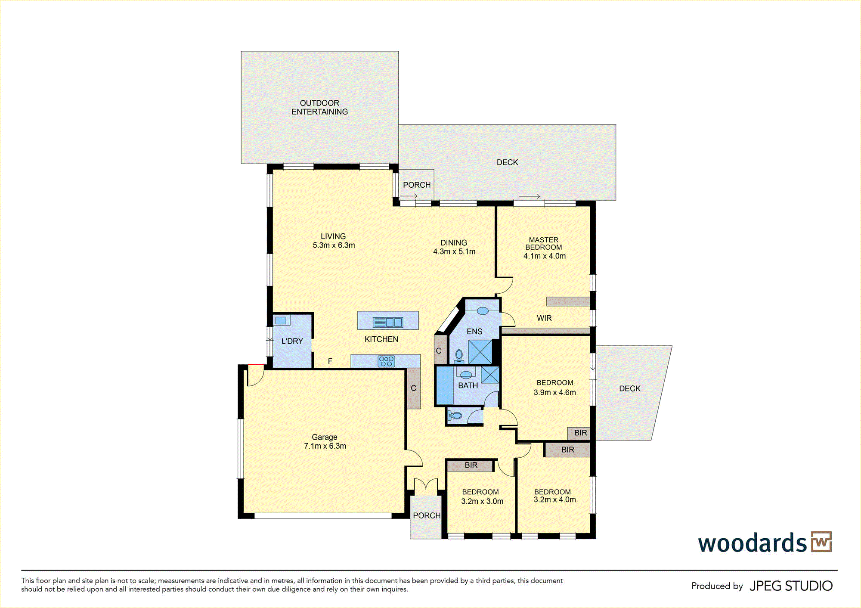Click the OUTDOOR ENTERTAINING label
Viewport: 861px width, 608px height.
coord(319,107)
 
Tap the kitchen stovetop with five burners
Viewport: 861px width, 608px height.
coord(386,361)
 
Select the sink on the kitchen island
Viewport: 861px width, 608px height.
coord(388,322)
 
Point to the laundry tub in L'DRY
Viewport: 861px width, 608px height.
coord(281,320)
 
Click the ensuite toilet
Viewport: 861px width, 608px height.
coord(459,356)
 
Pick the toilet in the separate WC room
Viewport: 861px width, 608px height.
coord(455,416)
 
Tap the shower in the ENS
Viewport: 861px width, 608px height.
coord(480,352)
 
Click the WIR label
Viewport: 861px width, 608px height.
coord(544,318)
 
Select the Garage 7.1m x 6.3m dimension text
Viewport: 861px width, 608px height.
coord(325,446)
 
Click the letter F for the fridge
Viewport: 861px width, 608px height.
coord(330,361)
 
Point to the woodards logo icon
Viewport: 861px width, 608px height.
coord(821,542)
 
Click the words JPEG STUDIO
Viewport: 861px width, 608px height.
coord(791,586)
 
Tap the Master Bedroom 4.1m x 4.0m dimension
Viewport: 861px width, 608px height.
coord(545,256)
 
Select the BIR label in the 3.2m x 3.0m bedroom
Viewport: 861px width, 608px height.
coord(471,465)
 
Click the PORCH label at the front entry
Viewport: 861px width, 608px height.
coord(427,515)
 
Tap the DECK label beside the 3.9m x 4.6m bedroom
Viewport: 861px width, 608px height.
coord(630,388)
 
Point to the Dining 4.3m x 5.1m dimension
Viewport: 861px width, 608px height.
coord(454,252)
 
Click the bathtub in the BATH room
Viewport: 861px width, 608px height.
coord(445,385)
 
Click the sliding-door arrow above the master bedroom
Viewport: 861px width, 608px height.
coord(530,196)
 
